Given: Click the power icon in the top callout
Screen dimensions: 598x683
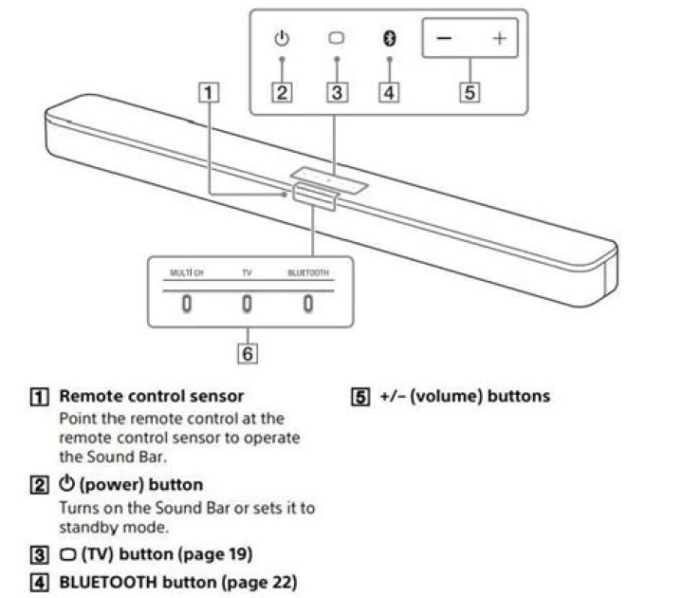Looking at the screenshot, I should coord(282,39).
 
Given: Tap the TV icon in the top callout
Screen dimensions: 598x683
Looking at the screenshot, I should coord(336,39).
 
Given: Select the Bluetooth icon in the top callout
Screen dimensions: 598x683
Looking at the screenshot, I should coord(389,39).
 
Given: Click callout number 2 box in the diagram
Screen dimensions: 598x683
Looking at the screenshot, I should coord(282,92).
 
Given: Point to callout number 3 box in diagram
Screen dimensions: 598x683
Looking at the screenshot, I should coord(336,92).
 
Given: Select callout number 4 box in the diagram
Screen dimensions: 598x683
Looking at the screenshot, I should coord(389,92).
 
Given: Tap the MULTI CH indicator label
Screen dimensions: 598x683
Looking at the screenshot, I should coord(187,272).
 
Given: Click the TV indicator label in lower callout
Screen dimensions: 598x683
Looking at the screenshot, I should coord(247,272).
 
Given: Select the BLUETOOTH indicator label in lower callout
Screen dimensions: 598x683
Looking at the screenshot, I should coord(308,272).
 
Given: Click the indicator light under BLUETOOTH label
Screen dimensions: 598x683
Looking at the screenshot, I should coord(308,305).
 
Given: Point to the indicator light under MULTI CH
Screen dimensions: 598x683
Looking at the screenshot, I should coord(187,305).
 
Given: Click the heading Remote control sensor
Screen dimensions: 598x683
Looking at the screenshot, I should coord(151,396).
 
